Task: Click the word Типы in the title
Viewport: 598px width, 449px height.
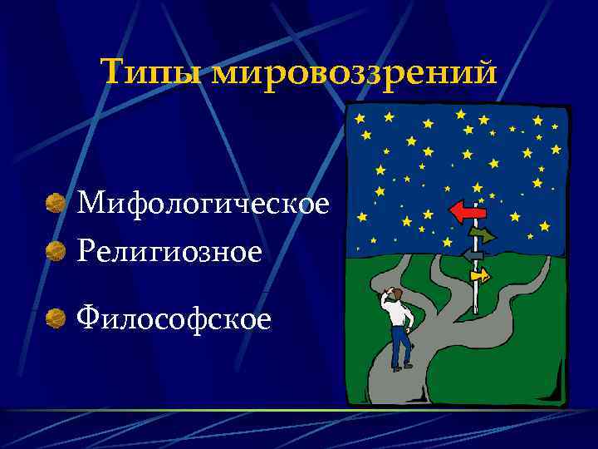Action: pyautogui.click(x=153, y=73)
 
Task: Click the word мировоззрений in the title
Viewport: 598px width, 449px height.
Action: pyautogui.click(x=354, y=75)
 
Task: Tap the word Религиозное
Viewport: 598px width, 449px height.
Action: pyautogui.click(x=169, y=250)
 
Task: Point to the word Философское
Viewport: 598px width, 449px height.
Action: pyautogui.click(x=174, y=317)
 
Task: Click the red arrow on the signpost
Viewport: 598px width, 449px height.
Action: pyautogui.click(x=467, y=213)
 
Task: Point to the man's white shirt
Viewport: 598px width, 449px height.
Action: pyautogui.click(x=399, y=314)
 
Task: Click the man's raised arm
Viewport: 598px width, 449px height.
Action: pyautogui.click(x=385, y=302)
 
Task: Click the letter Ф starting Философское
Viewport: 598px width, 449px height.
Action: pyautogui.click(x=89, y=317)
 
